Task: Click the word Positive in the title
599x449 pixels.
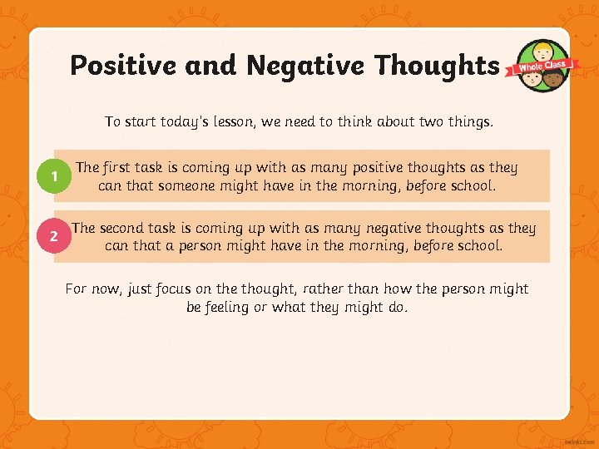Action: tap(118, 65)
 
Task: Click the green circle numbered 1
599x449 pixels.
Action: tap(54, 176)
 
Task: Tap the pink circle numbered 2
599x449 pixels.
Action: tap(54, 237)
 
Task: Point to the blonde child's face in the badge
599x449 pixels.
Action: tap(543, 52)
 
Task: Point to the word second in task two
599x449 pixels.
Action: tap(123, 228)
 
